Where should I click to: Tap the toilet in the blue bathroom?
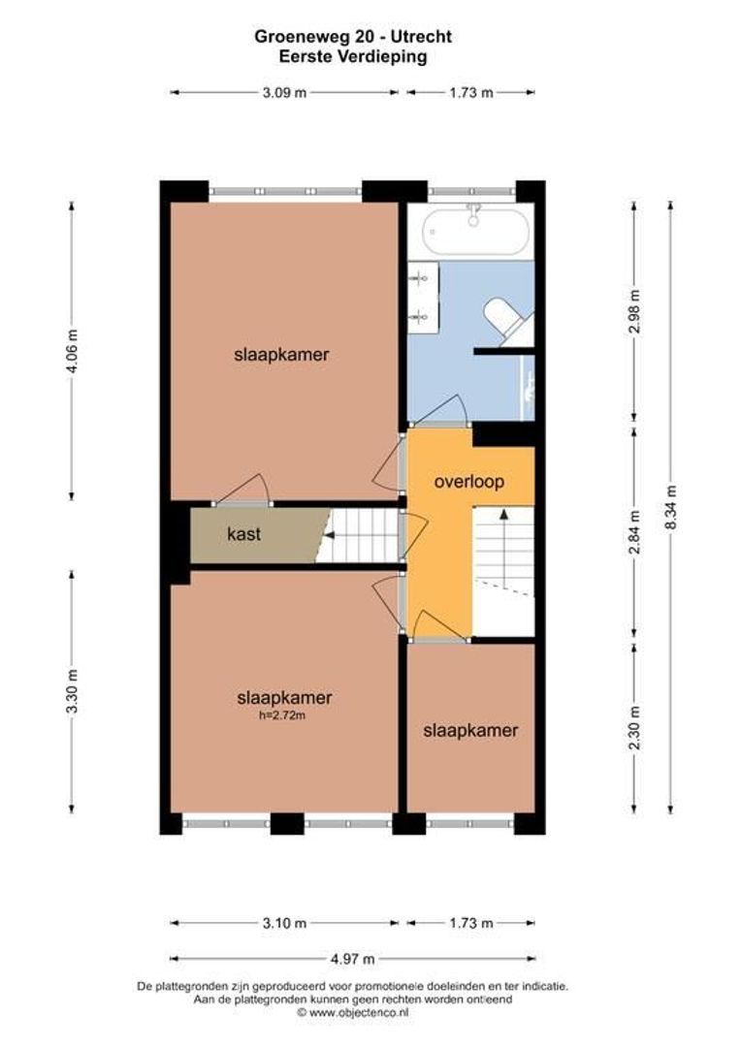point(508,321)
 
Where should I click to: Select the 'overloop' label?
point(469,481)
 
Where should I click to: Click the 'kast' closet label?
point(243,534)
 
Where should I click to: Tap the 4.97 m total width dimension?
point(352,959)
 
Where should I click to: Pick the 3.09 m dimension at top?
point(284,92)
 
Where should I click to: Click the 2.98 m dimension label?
point(633,310)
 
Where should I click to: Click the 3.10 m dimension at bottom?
point(284,923)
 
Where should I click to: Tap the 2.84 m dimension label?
point(633,532)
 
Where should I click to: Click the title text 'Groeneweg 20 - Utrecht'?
point(353,37)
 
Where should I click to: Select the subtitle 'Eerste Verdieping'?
point(352,56)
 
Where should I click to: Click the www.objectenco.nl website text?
point(352,1012)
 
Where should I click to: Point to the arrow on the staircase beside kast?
point(335,534)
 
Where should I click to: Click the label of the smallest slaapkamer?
point(470,731)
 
